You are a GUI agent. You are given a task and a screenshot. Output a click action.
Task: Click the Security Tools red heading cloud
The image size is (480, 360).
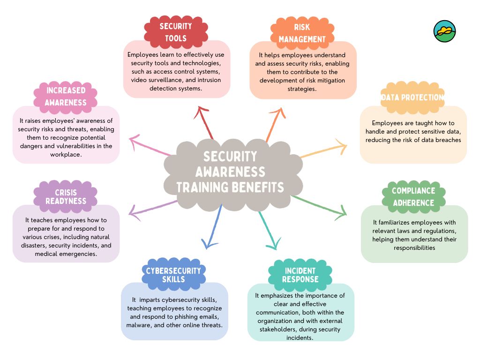pyautogui.click(x=176, y=32)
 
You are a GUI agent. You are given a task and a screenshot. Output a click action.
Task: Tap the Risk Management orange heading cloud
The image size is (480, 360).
pyautogui.click(x=302, y=33)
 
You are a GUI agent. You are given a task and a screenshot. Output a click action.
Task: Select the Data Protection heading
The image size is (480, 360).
pyautogui.click(x=412, y=97)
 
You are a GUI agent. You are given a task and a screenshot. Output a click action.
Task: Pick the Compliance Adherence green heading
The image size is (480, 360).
pyautogui.click(x=413, y=197)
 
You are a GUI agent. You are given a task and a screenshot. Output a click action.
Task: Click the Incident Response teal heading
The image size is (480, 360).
pyautogui.click(x=300, y=275)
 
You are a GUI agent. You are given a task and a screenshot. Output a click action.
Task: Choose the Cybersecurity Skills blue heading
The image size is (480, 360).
pyautogui.click(x=173, y=275)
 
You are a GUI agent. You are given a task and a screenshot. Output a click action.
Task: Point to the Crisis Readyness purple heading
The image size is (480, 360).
pyautogui.click(x=66, y=197)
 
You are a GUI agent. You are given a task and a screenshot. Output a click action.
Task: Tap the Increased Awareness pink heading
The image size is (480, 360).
pyautogui.click(x=66, y=96)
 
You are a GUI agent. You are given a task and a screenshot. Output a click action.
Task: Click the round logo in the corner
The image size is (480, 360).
pyautogui.click(x=444, y=31)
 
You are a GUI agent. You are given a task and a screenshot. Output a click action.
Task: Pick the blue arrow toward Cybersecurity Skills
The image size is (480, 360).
pyautogui.click(x=214, y=227)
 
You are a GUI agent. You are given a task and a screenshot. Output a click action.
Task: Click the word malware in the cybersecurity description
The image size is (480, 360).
pyautogui.click(x=138, y=325)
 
